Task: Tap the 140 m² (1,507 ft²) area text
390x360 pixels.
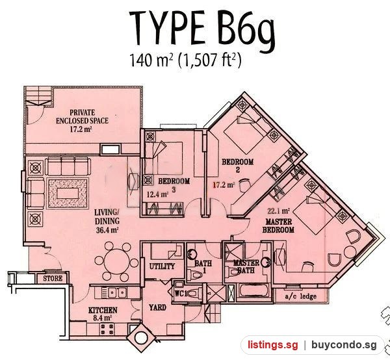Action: [x=185, y=60]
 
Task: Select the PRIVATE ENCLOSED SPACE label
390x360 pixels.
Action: [x=82, y=116]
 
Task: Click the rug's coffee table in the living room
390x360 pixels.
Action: [x=68, y=193]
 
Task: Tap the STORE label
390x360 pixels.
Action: [x=53, y=279]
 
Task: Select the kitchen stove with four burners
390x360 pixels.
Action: [x=107, y=329]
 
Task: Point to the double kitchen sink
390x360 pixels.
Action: [x=114, y=292]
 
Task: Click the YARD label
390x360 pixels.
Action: [x=157, y=307]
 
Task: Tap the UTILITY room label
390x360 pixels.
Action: [x=162, y=266]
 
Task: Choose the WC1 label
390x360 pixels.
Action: [x=180, y=294]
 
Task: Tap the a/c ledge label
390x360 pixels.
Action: [x=301, y=296]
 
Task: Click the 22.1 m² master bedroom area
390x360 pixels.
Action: [x=279, y=211]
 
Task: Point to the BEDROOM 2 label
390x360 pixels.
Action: [x=237, y=166]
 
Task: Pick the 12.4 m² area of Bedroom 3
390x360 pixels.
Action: [x=157, y=194]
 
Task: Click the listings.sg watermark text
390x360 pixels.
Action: [x=272, y=345]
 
